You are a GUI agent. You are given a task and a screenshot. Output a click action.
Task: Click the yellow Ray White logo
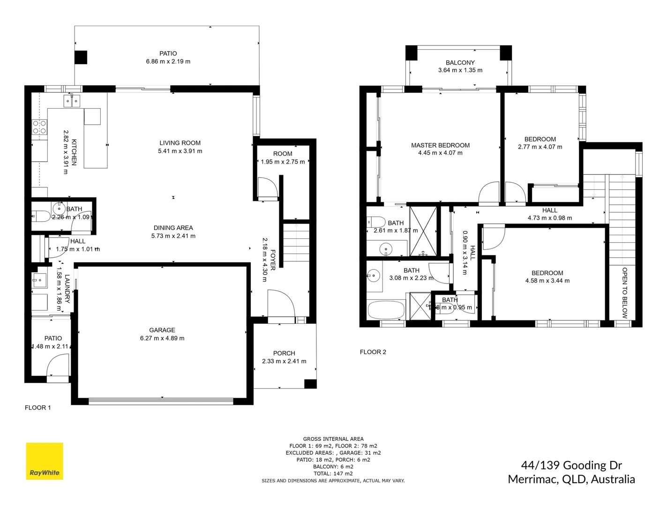point(45,461)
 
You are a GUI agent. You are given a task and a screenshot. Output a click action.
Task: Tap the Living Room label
point(180,143)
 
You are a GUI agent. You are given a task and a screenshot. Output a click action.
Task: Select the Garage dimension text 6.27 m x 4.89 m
point(162,338)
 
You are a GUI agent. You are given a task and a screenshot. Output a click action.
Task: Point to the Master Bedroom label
point(440,145)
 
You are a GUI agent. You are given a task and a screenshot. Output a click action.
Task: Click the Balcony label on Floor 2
point(460,62)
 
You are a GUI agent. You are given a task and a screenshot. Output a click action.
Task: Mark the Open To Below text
point(624,293)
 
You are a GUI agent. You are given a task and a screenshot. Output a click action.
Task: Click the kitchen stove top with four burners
point(39,127)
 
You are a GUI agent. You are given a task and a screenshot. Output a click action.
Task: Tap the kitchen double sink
point(72,101)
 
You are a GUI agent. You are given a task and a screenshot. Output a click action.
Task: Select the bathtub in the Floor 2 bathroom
point(386,310)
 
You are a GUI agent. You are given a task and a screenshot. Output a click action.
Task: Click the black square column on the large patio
point(81,57)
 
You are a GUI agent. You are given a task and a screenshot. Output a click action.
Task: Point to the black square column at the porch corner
point(310,384)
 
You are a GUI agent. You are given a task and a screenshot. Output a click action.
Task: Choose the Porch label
point(284,353)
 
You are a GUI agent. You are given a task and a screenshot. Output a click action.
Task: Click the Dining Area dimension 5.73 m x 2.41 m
point(173,236)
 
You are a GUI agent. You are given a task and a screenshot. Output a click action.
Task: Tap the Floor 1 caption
point(38,408)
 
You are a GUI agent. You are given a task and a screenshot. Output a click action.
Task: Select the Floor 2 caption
point(373,352)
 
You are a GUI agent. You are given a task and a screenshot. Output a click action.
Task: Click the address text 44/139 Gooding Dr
point(571,465)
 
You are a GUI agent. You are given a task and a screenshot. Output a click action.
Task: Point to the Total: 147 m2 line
point(333,474)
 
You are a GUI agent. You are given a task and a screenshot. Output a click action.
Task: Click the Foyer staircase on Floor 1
point(296,244)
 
